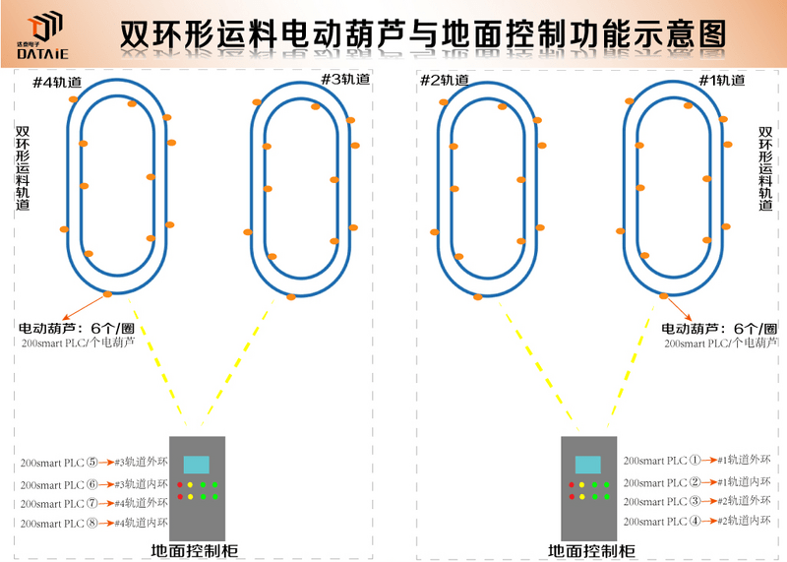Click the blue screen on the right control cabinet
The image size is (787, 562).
pyautogui.click(x=588, y=465)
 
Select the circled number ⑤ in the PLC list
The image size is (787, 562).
pyautogui.click(x=92, y=462)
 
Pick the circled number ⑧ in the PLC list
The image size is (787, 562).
pyautogui.click(x=92, y=523)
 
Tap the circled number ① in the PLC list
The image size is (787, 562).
pyautogui.click(x=694, y=460)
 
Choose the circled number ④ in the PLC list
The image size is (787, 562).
pyautogui.click(x=694, y=521)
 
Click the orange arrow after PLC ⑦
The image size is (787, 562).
pyautogui.click(x=107, y=504)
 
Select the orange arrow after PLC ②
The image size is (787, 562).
pyautogui.click(x=708, y=482)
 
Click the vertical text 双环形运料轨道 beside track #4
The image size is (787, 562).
pyautogui.click(x=23, y=167)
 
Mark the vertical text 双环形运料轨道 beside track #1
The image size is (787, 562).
pyautogui.click(x=766, y=167)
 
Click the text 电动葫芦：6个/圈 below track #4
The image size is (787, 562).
pyautogui.click(x=77, y=329)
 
